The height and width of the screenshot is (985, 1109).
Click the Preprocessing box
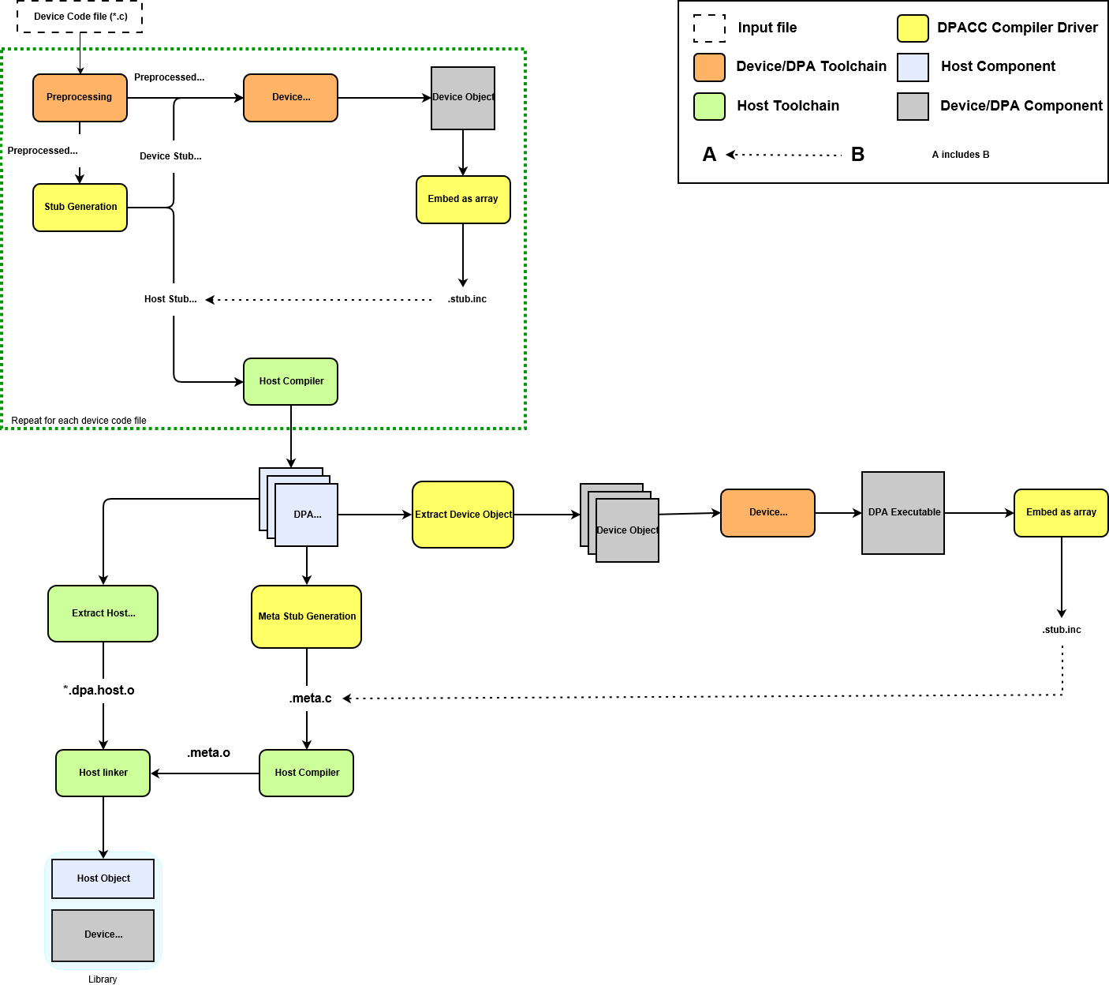[x=80, y=98]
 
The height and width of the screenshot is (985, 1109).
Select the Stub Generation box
[x=80, y=208]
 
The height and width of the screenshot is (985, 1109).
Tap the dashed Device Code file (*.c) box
[x=80, y=17]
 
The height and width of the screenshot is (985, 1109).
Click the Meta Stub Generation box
[x=306, y=616]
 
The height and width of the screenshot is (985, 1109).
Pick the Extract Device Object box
[x=463, y=515]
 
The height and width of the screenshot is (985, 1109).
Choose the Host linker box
[x=103, y=773]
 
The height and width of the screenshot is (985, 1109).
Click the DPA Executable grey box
[x=903, y=513]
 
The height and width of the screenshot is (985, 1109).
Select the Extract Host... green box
[x=103, y=613]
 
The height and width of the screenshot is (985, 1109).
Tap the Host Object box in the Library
[x=103, y=878]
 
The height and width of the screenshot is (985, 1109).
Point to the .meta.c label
[x=310, y=698]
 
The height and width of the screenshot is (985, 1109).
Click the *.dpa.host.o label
[x=99, y=691]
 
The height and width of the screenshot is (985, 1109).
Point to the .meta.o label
[x=208, y=753]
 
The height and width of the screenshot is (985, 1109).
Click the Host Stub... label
[x=170, y=299]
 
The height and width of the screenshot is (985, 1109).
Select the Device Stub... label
[x=170, y=156]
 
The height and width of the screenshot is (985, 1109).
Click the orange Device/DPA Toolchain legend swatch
[x=709, y=67]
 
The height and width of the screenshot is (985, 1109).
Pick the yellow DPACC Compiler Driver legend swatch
[x=913, y=28]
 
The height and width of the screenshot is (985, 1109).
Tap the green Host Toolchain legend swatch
[x=709, y=107]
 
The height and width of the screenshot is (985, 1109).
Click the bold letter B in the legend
[x=857, y=155]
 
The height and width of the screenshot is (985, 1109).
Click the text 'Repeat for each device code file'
[x=79, y=421]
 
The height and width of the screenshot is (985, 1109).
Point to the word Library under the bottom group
[x=103, y=979]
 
